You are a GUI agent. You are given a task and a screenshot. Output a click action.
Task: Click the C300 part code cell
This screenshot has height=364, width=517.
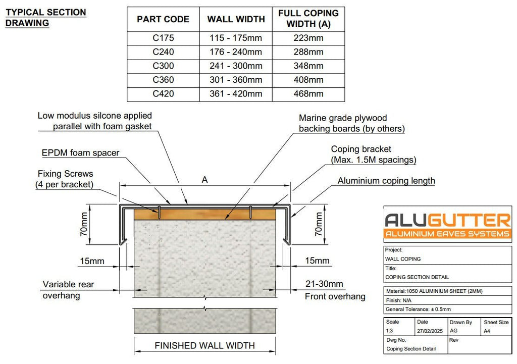[163, 66]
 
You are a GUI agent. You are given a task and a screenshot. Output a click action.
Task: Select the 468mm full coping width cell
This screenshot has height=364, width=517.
[308, 94]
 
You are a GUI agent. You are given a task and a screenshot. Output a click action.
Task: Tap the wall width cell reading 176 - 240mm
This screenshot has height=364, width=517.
[236, 52]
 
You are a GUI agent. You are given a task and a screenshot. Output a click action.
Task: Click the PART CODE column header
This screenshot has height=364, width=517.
[163, 19]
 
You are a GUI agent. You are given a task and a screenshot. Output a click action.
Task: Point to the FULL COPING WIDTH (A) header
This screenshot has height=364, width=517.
[308, 19]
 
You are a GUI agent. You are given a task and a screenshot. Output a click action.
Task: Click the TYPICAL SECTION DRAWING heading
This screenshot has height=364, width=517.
[46, 18]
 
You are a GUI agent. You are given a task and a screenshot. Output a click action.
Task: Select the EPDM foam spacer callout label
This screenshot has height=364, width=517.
[80, 153]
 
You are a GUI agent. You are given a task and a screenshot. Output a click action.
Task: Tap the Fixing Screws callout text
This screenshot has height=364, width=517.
[65, 179]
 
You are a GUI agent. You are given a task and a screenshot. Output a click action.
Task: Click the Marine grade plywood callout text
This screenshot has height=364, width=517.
[351, 123]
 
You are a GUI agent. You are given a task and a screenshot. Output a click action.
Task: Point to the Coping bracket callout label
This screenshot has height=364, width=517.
[374, 154]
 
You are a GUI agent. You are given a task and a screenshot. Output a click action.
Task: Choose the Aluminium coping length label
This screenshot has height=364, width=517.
[386, 181]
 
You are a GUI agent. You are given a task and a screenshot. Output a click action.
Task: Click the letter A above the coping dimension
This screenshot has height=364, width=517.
[205, 180]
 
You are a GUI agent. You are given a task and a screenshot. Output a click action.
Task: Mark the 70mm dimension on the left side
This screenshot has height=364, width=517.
[84, 224]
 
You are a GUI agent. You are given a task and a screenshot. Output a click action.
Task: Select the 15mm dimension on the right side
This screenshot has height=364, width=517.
[317, 261]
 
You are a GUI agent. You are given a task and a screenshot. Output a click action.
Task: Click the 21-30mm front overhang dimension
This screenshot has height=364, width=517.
[324, 284]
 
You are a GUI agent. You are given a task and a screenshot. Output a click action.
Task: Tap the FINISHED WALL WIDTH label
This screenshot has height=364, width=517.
[205, 345]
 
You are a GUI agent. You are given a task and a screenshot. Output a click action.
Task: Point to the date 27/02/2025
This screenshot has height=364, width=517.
[430, 331]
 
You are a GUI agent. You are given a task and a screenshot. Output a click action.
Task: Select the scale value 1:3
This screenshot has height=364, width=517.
[389, 331]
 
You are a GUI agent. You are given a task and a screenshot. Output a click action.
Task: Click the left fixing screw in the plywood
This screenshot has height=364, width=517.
[159, 213]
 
